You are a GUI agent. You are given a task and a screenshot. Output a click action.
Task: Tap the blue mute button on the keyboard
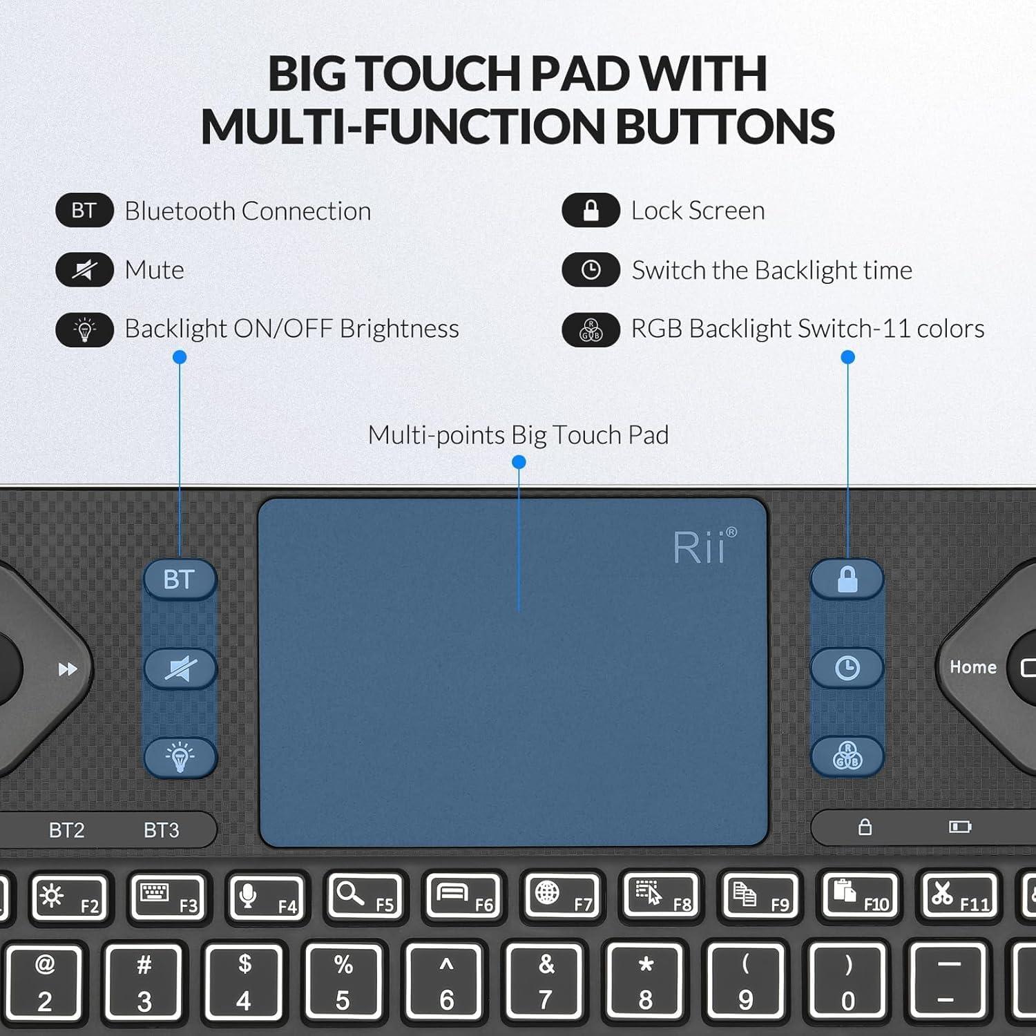tap(180, 669)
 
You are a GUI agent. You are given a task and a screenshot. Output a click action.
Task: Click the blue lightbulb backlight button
tap(180, 757)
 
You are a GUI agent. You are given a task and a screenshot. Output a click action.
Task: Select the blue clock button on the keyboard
tap(847, 668)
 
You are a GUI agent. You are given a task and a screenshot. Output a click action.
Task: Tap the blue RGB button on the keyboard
tap(847, 756)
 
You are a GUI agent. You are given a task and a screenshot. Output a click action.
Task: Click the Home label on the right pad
tap(972, 667)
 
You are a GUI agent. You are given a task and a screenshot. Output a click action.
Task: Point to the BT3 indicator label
tap(161, 829)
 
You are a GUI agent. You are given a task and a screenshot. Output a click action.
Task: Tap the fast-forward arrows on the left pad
tap(67, 669)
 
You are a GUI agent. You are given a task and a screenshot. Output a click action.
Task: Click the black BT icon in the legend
tap(84, 211)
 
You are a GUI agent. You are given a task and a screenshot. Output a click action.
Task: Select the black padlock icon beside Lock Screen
tap(591, 211)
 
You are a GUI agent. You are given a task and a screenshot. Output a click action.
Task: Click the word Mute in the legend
tap(154, 270)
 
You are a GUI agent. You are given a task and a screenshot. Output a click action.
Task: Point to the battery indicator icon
tap(959, 827)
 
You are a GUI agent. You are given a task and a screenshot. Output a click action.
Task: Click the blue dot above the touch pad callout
tap(519, 462)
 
